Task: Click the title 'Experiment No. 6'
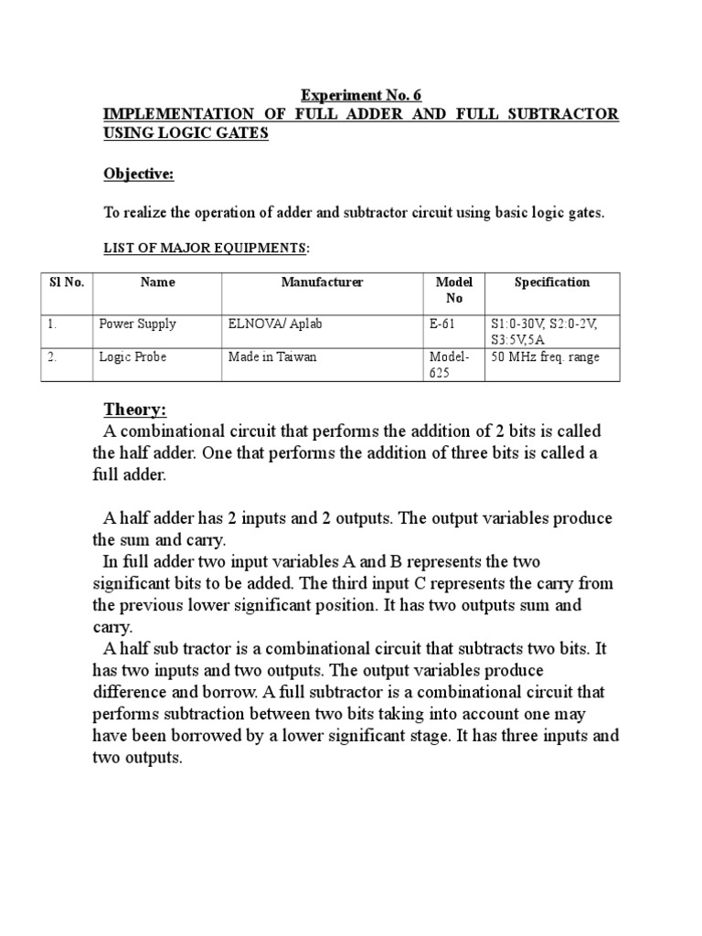[x=361, y=95]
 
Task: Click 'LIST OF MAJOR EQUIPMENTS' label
[x=205, y=248]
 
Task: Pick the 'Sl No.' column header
[x=66, y=282]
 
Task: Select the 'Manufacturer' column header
[x=322, y=282]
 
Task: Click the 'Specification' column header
[x=551, y=282]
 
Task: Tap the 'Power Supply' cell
[x=137, y=324]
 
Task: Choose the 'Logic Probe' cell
[x=133, y=357]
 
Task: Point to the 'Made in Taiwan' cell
[x=272, y=357]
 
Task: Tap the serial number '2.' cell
[x=52, y=357]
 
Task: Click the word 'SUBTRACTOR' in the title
[x=563, y=114]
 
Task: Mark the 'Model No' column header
[x=454, y=290]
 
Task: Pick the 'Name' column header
[x=157, y=282]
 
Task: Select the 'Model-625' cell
[x=449, y=365]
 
